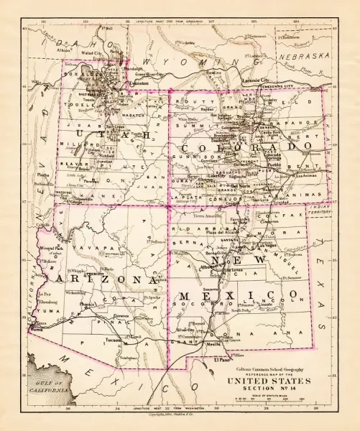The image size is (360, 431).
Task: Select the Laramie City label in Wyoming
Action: (253, 80)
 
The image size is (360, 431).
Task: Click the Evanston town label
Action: (138, 83)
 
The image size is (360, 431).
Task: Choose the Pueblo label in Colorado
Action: (276, 164)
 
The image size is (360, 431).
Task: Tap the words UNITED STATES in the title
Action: (269, 381)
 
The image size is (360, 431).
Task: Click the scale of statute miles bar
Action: (268, 397)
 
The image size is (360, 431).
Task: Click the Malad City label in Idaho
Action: (92, 52)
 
